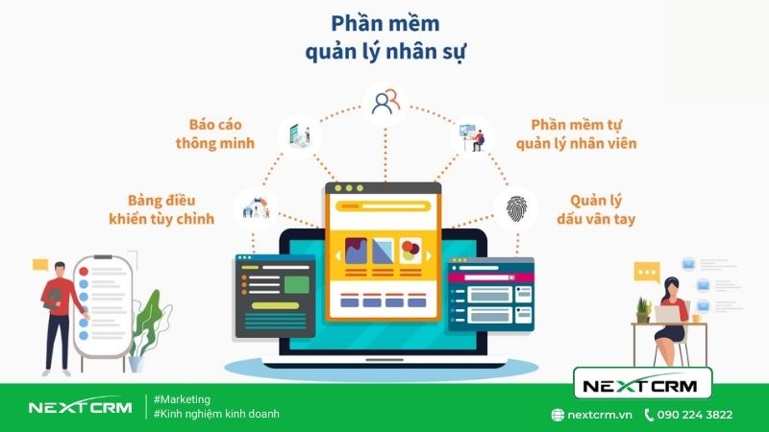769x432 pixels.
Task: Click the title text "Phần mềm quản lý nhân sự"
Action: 384,36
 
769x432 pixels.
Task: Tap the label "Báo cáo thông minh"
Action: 214,133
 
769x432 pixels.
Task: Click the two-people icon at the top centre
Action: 384,101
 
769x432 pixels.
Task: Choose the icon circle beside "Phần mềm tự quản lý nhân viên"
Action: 472,135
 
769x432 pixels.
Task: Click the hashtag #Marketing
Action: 182,399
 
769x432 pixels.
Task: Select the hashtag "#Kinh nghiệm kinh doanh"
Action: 216,415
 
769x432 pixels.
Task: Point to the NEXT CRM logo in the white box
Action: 642,386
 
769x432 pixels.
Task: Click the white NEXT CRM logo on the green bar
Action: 79,407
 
